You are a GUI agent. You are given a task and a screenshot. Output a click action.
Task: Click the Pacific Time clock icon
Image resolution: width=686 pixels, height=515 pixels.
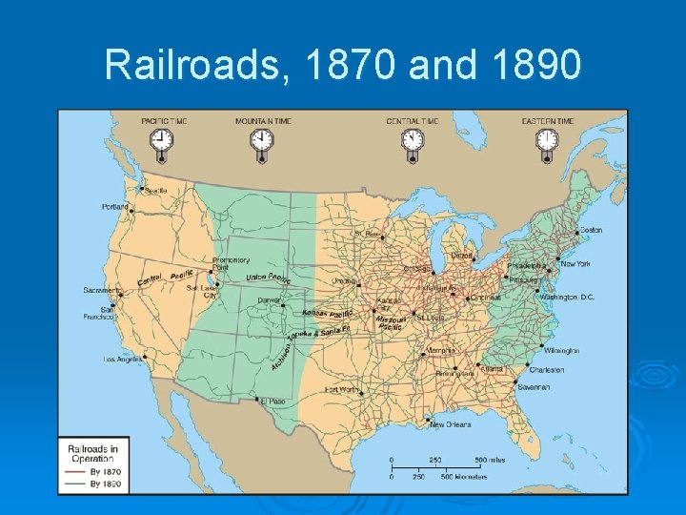coord(162,141)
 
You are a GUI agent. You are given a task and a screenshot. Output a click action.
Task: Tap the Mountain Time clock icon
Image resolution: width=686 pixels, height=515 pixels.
coord(261,141)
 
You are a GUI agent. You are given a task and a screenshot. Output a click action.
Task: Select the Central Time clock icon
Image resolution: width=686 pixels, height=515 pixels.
coord(412,141)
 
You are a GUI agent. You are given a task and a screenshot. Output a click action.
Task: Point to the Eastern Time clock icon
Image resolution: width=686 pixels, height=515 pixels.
coord(547,141)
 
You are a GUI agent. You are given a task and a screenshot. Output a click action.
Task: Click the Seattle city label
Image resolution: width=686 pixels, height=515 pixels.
coord(155,191)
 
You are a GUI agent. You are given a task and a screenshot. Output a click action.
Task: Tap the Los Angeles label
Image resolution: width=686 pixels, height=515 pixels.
coord(121,360)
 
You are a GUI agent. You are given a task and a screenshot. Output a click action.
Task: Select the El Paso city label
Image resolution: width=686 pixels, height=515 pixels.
coord(272,402)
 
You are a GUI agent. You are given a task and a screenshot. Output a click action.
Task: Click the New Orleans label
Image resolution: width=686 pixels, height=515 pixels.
coord(450,425)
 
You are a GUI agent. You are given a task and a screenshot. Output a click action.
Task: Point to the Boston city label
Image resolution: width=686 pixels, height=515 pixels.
coord(591,230)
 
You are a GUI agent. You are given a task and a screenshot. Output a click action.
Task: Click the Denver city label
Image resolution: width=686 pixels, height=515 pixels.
coord(270,300)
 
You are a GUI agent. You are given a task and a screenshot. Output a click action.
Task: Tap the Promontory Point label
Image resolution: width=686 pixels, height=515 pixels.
coord(231,263)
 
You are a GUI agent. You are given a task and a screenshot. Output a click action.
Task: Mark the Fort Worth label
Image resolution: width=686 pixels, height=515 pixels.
coord(341,389)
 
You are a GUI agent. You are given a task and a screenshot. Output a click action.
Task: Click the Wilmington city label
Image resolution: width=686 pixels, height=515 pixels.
coord(562,351)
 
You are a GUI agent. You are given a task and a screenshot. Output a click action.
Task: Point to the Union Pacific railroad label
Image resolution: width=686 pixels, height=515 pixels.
coord(269,278)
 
